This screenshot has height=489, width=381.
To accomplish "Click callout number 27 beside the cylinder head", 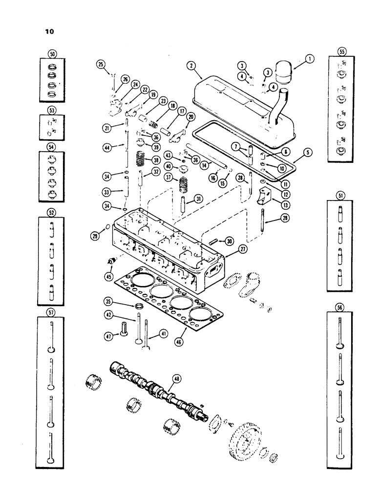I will click(242, 249).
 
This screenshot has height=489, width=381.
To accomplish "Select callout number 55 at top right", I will click(341, 51).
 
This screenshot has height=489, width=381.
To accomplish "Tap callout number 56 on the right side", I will click(341, 308).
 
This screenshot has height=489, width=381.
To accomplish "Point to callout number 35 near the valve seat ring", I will click(110, 300).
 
